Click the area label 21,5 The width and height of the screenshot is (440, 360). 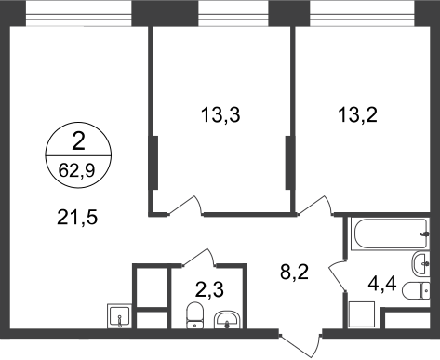[x=77, y=217]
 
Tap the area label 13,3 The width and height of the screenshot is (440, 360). [x=220, y=114]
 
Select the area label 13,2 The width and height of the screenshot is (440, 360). [x=357, y=114]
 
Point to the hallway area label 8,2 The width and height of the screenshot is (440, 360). [x=294, y=273]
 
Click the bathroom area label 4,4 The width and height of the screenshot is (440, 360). [x=381, y=284]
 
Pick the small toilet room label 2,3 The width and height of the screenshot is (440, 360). [x=209, y=290]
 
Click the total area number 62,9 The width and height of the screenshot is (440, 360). [x=76, y=170]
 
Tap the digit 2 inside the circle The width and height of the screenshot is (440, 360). [x=78, y=141]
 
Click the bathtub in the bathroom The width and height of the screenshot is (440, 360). [x=390, y=233]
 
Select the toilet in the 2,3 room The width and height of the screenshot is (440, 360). [x=194, y=315]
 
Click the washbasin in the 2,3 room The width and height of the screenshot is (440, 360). [x=227, y=320]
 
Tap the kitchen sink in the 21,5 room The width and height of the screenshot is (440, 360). [x=119, y=316]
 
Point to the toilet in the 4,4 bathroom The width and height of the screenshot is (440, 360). [x=416, y=290]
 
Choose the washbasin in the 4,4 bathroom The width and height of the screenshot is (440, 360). [x=420, y=264]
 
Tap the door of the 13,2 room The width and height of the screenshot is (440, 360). [x=315, y=206]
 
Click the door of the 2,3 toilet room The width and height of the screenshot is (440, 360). [x=198, y=257]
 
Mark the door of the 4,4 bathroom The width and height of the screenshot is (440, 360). [x=338, y=275]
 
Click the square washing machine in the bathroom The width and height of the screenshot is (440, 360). [x=362, y=314]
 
